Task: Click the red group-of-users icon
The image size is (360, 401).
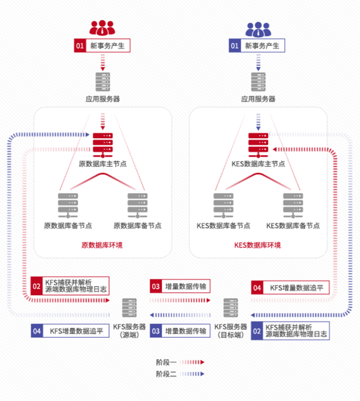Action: point(102,28)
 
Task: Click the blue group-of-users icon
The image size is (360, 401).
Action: point(258,29)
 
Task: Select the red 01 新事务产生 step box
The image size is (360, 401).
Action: point(102,46)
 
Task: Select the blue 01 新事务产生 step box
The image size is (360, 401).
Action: point(257,46)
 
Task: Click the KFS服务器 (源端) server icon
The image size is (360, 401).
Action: point(129,308)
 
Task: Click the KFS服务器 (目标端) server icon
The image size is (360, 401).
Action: point(231,308)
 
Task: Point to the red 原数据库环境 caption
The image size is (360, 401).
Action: point(102,245)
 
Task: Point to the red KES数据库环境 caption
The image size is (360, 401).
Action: point(257,245)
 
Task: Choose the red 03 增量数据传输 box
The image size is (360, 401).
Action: point(180,286)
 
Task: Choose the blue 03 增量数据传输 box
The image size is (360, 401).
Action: point(180,331)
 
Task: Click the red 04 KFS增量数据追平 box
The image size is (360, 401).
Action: point(290,288)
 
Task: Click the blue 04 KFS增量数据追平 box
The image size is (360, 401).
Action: point(70,331)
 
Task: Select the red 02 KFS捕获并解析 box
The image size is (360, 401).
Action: point(70,286)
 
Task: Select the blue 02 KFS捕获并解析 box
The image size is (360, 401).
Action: point(290,331)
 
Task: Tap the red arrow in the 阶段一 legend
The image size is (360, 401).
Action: point(192,362)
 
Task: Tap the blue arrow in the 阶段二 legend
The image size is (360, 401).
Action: point(192,374)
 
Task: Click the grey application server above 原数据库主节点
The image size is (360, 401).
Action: point(103,82)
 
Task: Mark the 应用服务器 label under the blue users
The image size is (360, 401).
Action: point(258,99)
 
